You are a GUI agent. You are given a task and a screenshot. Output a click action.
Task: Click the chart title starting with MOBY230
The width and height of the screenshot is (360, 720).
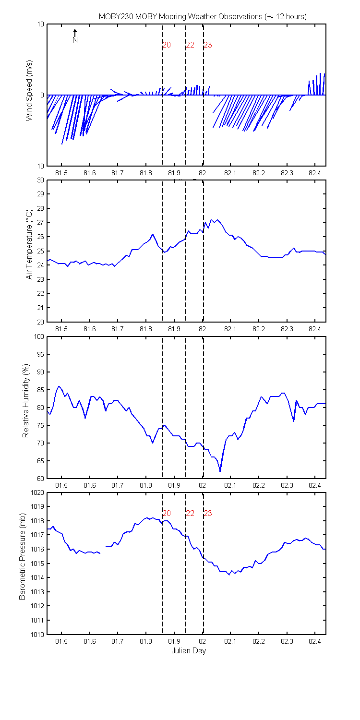[x=203, y=17]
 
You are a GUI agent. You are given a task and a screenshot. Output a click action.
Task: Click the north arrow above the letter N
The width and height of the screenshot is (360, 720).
[x=75, y=33]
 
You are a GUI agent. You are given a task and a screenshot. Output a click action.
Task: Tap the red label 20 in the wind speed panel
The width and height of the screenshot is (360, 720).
[x=167, y=45]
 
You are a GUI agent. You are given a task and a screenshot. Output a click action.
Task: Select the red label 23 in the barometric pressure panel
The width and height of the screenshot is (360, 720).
[x=208, y=513]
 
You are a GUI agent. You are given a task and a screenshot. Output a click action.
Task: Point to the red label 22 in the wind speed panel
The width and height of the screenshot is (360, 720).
[x=190, y=45]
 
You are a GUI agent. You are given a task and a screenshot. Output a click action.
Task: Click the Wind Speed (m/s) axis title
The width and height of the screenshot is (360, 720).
[x=29, y=90]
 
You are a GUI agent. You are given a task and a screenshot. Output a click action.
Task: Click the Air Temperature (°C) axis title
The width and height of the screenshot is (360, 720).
[x=29, y=244]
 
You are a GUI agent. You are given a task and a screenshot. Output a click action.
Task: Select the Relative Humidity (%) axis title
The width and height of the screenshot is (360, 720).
[x=26, y=400]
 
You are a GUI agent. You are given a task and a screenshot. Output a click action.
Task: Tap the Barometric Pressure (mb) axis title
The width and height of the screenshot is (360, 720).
[x=22, y=556]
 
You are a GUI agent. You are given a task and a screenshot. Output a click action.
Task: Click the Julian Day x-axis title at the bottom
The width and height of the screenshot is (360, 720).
[x=189, y=650]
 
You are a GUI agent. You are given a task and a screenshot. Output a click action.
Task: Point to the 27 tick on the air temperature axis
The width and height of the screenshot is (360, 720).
[x=40, y=222]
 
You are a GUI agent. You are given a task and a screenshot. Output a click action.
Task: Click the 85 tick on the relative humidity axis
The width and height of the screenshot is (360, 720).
[x=40, y=390]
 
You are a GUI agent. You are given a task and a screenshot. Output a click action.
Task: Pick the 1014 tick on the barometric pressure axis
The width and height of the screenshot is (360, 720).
[x=37, y=577]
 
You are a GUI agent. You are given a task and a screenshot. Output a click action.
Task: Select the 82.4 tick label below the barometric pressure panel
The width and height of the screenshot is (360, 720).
[x=315, y=641]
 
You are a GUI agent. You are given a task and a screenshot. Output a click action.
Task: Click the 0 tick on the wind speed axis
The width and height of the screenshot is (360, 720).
[x=42, y=95]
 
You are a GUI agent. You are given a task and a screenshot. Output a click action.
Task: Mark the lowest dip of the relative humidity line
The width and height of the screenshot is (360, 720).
[x=220, y=471]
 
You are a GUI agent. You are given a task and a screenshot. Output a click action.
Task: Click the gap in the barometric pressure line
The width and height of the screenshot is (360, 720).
[x=103, y=550]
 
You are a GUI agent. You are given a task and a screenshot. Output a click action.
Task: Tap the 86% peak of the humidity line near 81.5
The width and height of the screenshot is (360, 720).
[x=59, y=386]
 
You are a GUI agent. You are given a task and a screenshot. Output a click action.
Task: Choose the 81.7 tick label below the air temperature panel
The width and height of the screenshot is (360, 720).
[x=117, y=329]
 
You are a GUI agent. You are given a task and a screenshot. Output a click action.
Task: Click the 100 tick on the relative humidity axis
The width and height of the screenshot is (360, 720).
[x=39, y=336]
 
